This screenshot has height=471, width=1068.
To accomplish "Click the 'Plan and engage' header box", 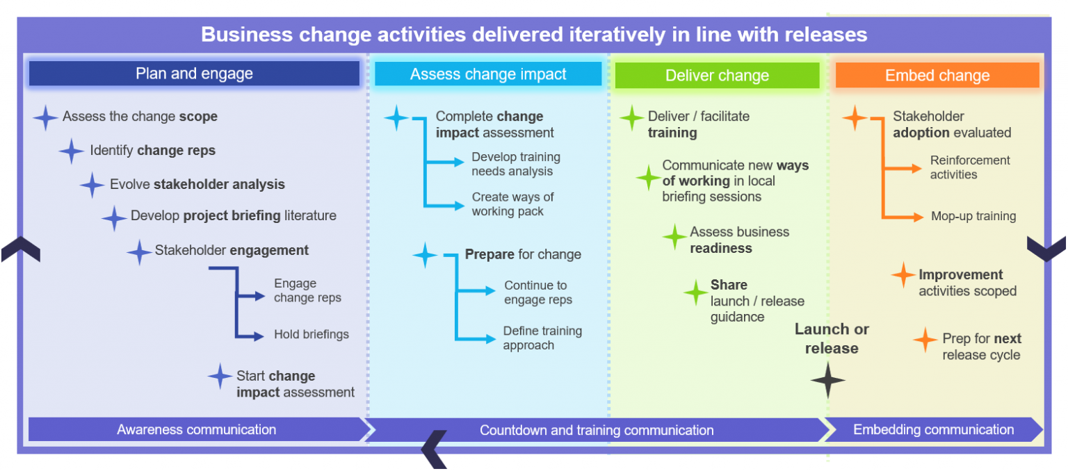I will [194, 74].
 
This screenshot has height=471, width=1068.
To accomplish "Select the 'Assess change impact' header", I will [488, 74].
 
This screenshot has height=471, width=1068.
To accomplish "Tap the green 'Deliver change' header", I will [717, 76].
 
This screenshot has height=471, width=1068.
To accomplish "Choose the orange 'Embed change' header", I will [937, 76].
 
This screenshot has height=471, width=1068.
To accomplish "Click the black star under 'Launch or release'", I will [828, 381].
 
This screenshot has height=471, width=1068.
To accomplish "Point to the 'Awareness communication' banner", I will [196, 430].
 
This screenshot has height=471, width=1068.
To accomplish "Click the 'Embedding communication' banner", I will [933, 430].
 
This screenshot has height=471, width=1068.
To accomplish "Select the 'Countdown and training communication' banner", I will [597, 431].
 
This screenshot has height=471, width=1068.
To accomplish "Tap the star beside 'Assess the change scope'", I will [45, 117].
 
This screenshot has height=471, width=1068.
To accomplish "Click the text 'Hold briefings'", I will [311, 335].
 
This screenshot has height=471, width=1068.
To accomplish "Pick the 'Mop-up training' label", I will [973, 217].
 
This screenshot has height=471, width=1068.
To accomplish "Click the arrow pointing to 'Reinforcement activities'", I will [904, 168].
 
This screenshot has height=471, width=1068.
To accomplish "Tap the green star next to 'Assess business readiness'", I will [674, 238].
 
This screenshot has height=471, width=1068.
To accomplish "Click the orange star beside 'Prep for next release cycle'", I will [925, 340].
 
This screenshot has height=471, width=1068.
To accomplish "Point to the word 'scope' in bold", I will [198, 117].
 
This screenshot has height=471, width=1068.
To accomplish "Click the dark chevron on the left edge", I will [20, 249].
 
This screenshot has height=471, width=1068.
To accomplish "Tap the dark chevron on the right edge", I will [1046, 248].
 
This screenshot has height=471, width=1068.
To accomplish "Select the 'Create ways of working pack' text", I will [512, 205].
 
